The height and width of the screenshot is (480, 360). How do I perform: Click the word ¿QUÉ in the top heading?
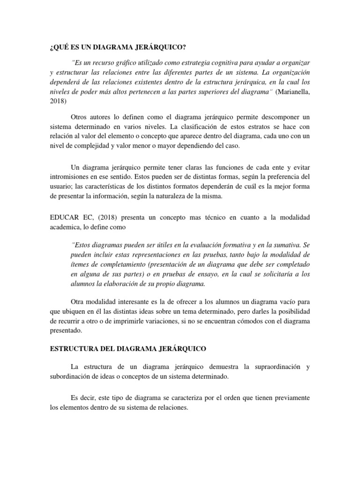[x=59, y=47]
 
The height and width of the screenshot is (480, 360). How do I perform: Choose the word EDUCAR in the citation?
[x=63, y=217]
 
